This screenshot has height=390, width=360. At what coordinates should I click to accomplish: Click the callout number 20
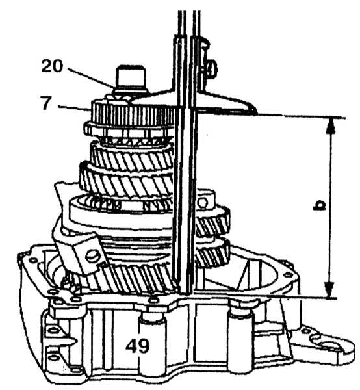point(53,66)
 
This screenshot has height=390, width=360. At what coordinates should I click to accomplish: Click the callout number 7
point(46,103)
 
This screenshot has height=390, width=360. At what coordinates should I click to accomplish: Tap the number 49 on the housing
point(138,346)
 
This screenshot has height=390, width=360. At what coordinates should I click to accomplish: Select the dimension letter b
point(319,206)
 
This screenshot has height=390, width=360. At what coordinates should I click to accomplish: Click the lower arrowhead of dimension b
point(330,289)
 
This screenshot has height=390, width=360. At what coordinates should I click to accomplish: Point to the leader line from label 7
point(73,107)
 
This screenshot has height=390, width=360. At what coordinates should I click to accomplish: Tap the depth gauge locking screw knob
point(211,67)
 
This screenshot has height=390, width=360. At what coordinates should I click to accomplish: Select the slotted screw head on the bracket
point(92,256)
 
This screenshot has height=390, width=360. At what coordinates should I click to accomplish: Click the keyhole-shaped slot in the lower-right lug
point(328,344)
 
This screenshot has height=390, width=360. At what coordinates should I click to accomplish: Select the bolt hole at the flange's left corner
point(32,260)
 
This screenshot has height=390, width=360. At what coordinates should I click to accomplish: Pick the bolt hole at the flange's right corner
point(288,274)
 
